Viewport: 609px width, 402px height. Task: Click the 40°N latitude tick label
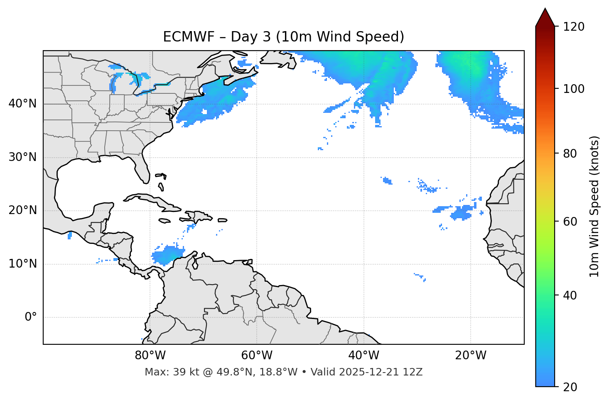[22, 104]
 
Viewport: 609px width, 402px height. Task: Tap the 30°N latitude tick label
[22, 157]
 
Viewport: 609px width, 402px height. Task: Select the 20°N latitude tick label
[22, 210]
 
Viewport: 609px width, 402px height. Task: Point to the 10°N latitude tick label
[22, 264]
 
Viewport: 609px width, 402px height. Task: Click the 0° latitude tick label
[31, 317]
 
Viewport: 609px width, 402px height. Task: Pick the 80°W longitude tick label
[150, 356]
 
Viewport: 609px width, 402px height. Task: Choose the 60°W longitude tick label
[257, 356]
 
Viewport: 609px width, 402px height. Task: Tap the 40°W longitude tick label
[363, 356]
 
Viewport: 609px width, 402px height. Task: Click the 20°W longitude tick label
[471, 356]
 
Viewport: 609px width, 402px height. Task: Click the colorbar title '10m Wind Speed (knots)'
[594, 206]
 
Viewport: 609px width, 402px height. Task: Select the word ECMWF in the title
[189, 37]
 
